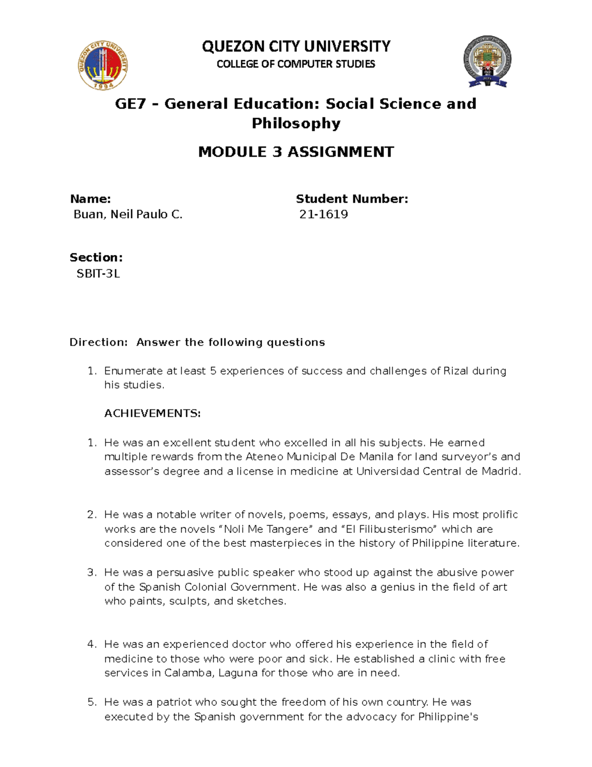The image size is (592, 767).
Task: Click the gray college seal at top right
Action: tap(486, 62)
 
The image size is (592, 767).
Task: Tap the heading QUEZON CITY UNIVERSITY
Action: tap(296, 46)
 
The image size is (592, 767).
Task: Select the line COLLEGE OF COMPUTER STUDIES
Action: tap(296, 64)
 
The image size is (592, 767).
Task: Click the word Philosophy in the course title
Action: tap(296, 123)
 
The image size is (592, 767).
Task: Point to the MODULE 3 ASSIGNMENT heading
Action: tap(296, 152)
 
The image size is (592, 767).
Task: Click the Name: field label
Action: tap(90, 199)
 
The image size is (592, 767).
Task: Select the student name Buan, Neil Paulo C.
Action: tap(128, 214)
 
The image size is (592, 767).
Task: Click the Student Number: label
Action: tap(352, 199)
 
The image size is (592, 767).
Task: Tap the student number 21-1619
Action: tap(324, 214)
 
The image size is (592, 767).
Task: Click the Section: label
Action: tap(96, 257)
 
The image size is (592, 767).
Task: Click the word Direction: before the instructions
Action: tap(99, 342)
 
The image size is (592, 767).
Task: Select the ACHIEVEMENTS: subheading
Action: tap(152, 413)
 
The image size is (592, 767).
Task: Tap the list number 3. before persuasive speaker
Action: tap(92, 572)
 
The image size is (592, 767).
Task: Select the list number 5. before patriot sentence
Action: tap(92, 702)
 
